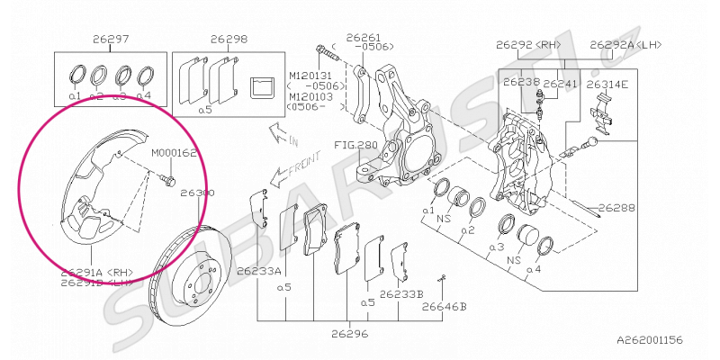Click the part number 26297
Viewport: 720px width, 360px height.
coord(111,40)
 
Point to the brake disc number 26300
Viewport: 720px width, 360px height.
coord(197,193)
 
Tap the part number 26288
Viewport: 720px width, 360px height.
coord(616,208)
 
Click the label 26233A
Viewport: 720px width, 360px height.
coord(259,269)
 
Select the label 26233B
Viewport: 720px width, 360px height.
coord(400,293)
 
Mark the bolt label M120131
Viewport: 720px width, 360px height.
coord(310,76)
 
